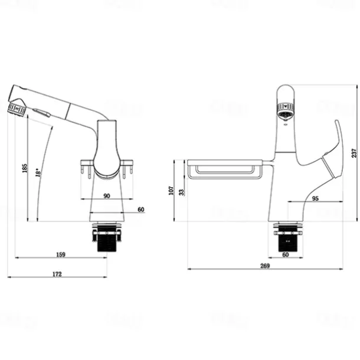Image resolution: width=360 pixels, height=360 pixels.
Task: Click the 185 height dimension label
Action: pos(24,169)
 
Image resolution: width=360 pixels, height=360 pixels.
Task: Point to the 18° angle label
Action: pos(39,172)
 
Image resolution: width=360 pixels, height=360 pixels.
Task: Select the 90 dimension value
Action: pos(107,195)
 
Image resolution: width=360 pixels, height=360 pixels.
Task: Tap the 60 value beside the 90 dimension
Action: pos(140,210)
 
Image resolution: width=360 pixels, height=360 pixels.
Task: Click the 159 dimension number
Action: pos(60,254)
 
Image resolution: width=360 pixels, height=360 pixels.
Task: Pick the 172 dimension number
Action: pos(57,274)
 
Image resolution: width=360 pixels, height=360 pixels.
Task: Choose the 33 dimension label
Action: pos(181,191)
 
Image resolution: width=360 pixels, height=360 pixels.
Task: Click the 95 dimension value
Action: pos(315,199)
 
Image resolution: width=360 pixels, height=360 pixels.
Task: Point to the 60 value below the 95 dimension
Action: pos(285,254)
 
